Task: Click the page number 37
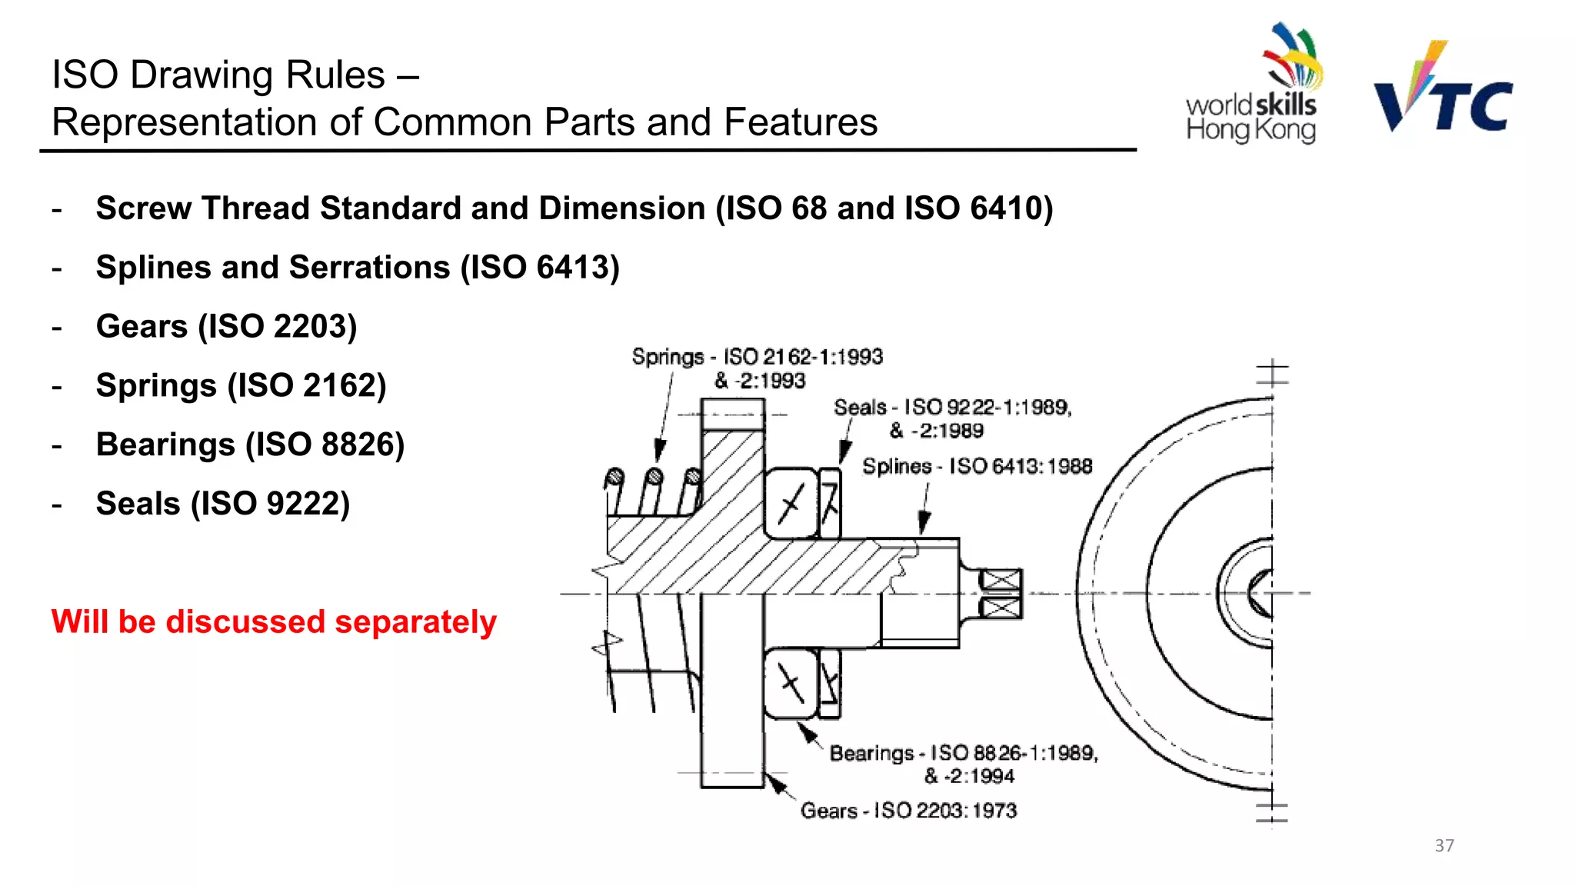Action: pos(1443,845)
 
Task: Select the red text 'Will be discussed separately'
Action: pos(274,621)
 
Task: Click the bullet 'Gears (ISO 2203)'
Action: pos(226,326)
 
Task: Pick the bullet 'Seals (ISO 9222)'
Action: pos(223,504)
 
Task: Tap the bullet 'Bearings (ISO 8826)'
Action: pos(250,445)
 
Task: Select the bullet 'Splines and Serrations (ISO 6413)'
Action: pos(358,268)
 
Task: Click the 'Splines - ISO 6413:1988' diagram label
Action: pos(977,466)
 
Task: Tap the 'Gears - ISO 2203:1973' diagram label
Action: pos(908,811)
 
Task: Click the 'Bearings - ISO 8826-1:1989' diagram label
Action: pos(963,753)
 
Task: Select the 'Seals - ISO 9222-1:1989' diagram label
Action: pos(952,408)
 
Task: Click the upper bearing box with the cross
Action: pos(791,504)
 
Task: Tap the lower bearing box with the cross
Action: pos(791,683)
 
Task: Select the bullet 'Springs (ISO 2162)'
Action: pos(241,385)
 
